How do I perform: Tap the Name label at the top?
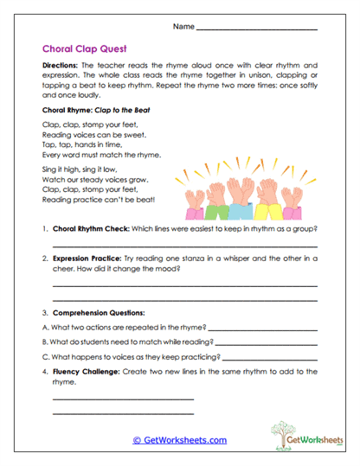click(183, 27)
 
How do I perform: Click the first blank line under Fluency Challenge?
click(123, 399)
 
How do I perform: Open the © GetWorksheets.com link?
click(179, 440)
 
